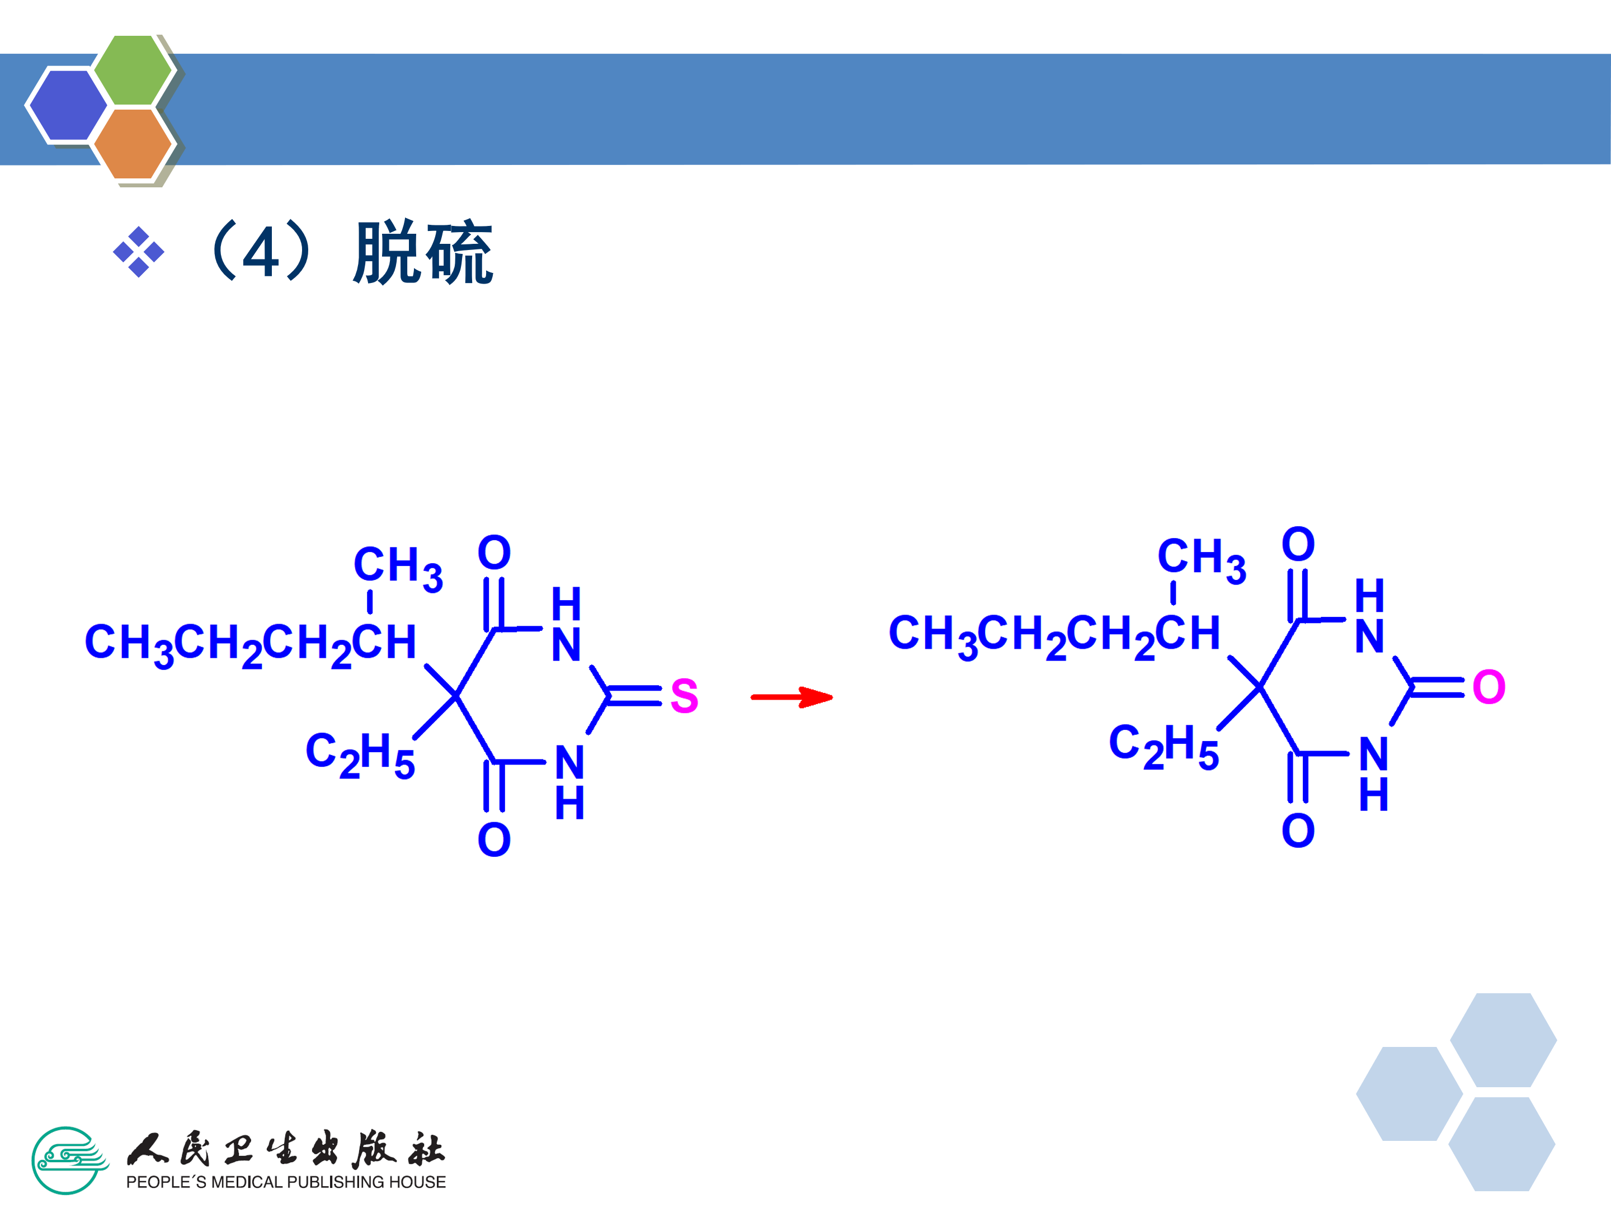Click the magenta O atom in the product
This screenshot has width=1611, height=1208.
1488,687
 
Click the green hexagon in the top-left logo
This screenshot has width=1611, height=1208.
133,70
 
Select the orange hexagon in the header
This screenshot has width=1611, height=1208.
133,143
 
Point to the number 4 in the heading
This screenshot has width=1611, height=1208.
260,253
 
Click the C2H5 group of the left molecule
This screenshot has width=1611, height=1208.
360,754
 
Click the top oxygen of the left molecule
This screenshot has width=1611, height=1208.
494,552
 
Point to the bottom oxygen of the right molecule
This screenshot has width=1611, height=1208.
1298,831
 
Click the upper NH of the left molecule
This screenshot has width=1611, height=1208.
566,625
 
